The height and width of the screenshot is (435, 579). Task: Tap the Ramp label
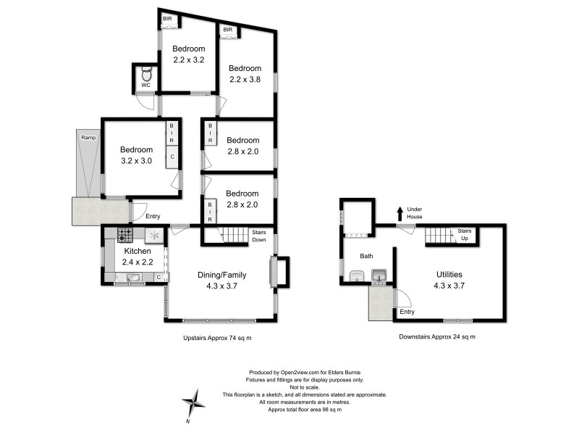[x=88, y=137]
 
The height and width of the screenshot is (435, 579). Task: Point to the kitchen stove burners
[x=125, y=235]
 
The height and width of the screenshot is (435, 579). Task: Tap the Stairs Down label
[x=259, y=235]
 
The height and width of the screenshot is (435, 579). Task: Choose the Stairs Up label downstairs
[x=465, y=234]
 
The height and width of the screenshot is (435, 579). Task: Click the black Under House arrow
[x=399, y=213]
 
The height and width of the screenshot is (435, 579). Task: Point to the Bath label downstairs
[x=367, y=256]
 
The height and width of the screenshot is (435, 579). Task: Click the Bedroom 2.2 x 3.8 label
[x=245, y=74]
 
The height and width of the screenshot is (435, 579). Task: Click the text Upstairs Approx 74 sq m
[x=217, y=338]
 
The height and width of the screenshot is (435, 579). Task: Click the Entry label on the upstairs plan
[x=153, y=216]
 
